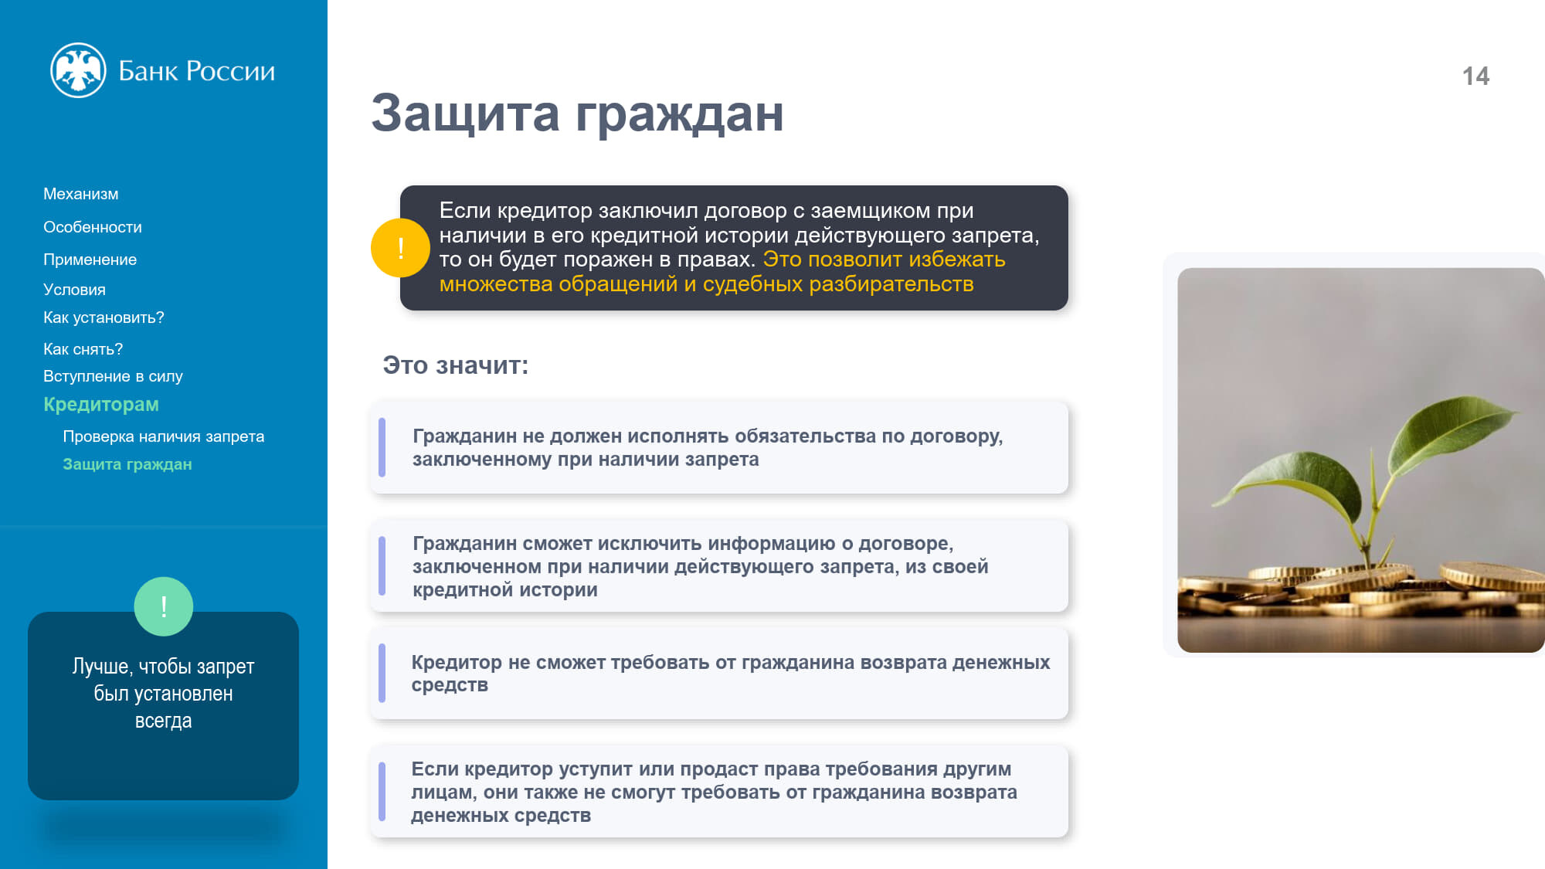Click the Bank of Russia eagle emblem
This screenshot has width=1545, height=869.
78,70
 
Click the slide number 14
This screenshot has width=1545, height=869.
1475,76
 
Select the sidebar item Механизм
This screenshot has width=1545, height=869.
81,194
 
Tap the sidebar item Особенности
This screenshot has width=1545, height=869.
93,227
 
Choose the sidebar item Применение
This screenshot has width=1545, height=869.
90,260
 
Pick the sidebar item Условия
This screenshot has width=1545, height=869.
75,290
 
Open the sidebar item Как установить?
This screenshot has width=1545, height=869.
104,317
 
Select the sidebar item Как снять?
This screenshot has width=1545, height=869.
83,349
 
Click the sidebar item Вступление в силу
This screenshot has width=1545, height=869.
113,376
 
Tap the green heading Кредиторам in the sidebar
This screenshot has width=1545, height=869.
101,404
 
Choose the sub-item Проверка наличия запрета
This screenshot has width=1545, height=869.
164,436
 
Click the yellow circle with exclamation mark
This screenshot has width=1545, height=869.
400,248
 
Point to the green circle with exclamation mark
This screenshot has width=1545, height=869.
164,606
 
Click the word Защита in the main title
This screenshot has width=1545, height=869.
465,113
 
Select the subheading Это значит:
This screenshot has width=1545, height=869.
456,365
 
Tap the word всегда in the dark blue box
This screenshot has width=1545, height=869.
164,721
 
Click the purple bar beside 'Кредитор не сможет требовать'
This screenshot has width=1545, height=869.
382,673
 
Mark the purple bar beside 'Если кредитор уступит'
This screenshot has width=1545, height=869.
382,792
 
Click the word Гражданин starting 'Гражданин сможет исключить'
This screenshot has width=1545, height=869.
464,544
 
